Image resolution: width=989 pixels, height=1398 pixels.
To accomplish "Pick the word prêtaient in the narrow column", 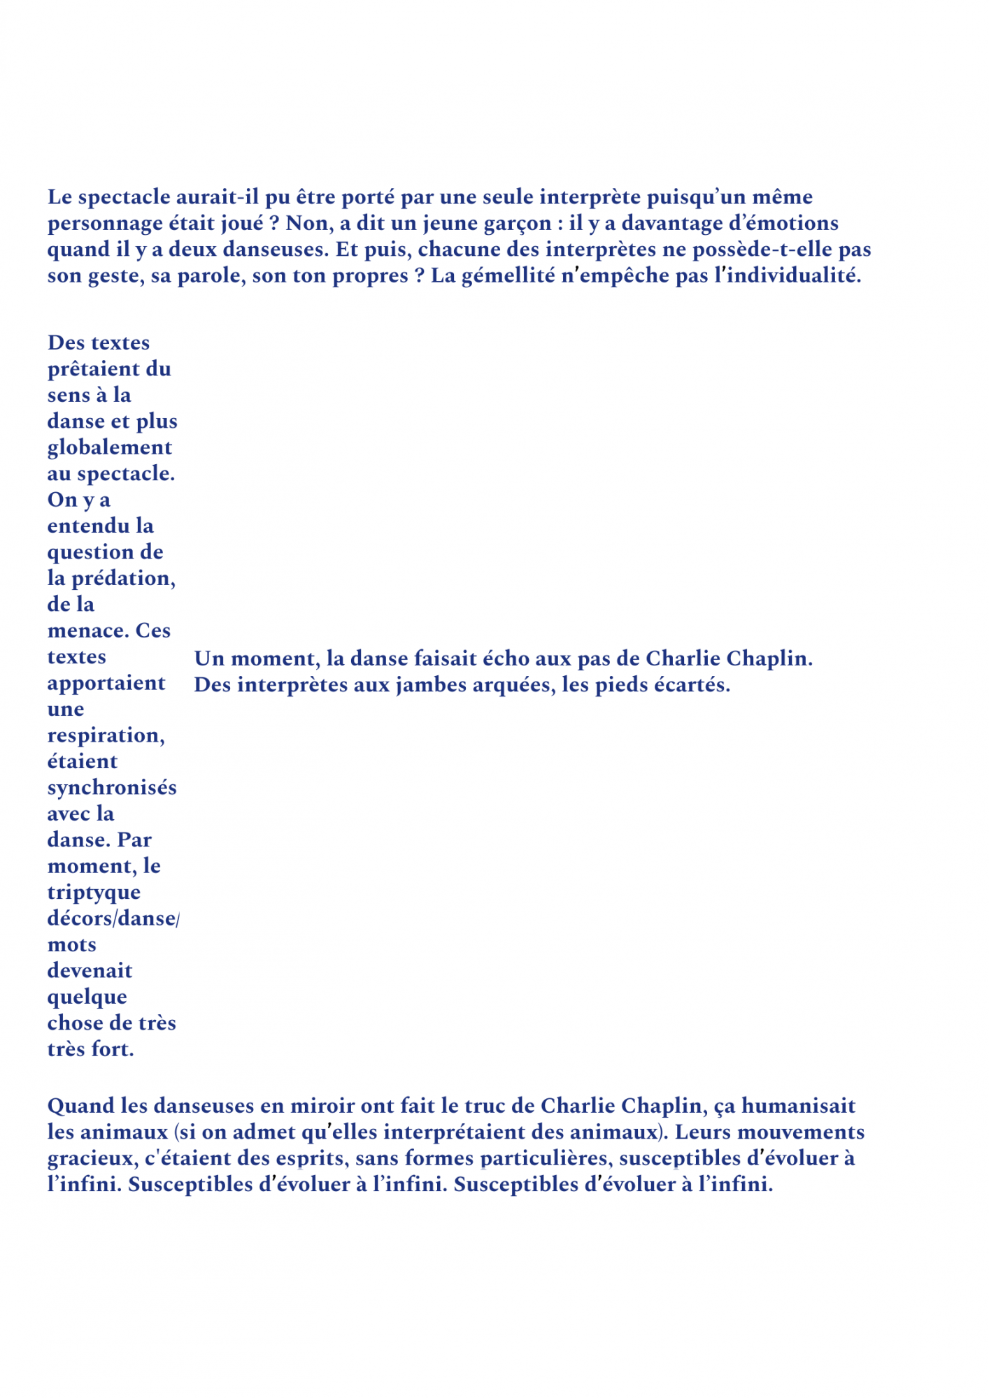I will point(87,369).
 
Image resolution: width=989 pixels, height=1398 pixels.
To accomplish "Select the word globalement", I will point(110,447).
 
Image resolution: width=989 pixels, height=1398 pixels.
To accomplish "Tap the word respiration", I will point(106,735).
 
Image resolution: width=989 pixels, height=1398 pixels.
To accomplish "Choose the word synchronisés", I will point(112,788).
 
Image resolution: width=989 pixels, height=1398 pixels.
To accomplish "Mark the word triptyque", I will point(94,893).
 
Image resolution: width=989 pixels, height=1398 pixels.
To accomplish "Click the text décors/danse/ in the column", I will point(113,918).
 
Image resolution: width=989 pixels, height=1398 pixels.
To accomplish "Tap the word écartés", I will point(692,685).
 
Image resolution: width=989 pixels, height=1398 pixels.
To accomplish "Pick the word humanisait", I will point(798,1106).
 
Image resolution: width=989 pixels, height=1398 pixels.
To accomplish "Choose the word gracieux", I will point(92,1159).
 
